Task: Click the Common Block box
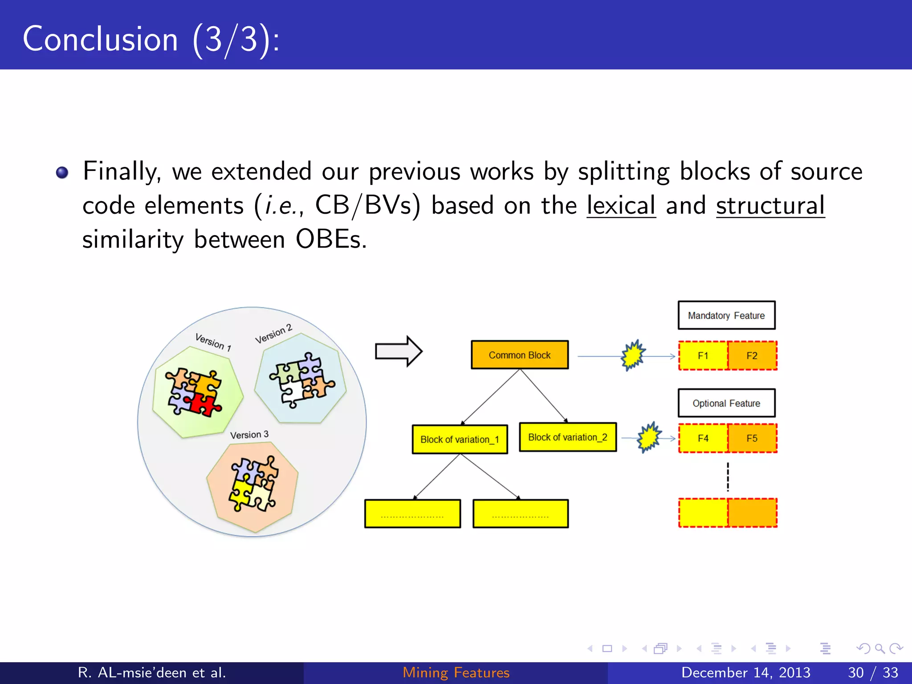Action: [520, 355]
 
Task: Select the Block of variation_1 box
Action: [460, 440]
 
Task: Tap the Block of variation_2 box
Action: [568, 437]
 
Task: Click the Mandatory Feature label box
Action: [726, 315]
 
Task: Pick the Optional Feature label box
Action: [726, 403]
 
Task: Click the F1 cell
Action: [703, 356]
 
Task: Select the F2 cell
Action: [752, 356]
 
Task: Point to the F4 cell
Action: [703, 438]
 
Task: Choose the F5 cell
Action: [752, 438]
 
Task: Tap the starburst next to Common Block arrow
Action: [633, 355]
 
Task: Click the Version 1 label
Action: [213, 342]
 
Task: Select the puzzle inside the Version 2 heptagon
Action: [301, 379]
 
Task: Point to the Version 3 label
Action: [249, 435]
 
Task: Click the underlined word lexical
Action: [621, 206]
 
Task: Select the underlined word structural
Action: [770, 206]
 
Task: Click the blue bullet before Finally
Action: [62, 172]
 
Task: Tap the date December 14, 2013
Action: [745, 672]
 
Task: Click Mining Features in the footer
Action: [456, 672]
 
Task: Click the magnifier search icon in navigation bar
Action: [879, 648]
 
